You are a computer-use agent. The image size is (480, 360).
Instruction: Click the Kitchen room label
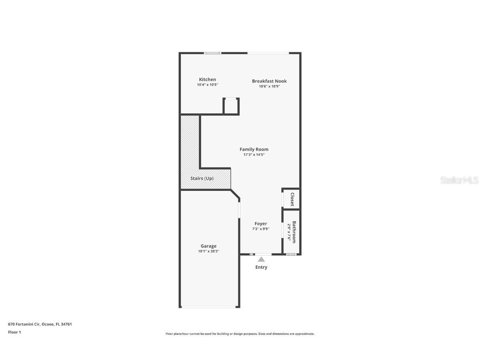(x=207, y=80)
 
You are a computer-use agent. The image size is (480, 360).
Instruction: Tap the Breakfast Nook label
(x=269, y=81)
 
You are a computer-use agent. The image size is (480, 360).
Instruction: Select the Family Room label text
(x=254, y=149)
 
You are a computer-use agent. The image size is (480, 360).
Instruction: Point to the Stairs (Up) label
(x=202, y=178)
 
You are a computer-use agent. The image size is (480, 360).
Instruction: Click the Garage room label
(x=208, y=246)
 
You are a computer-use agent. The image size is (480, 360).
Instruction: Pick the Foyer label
(x=261, y=224)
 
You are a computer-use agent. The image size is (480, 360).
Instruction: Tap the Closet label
(x=292, y=199)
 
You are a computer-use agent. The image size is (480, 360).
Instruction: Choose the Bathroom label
(x=294, y=232)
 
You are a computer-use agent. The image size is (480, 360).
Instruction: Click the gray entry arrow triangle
(x=261, y=259)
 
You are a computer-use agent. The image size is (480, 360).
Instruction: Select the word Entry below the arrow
(x=261, y=267)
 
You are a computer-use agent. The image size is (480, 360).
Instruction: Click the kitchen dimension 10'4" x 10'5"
(x=207, y=85)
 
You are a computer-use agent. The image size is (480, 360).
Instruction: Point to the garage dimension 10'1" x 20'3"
(x=208, y=251)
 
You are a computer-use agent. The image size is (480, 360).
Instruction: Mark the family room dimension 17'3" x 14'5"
(x=254, y=155)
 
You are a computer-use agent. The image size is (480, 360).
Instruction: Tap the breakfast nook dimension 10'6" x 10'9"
(x=269, y=87)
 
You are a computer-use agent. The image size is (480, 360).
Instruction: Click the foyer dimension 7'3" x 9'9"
(x=261, y=229)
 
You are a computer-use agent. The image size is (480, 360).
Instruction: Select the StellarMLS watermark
(x=459, y=180)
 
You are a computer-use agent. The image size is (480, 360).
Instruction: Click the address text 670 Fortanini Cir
(x=24, y=324)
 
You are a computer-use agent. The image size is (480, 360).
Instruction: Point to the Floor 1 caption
(x=14, y=332)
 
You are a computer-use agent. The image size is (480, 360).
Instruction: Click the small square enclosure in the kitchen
(x=231, y=106)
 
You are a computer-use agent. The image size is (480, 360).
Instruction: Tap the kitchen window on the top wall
(x=212, y=53)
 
